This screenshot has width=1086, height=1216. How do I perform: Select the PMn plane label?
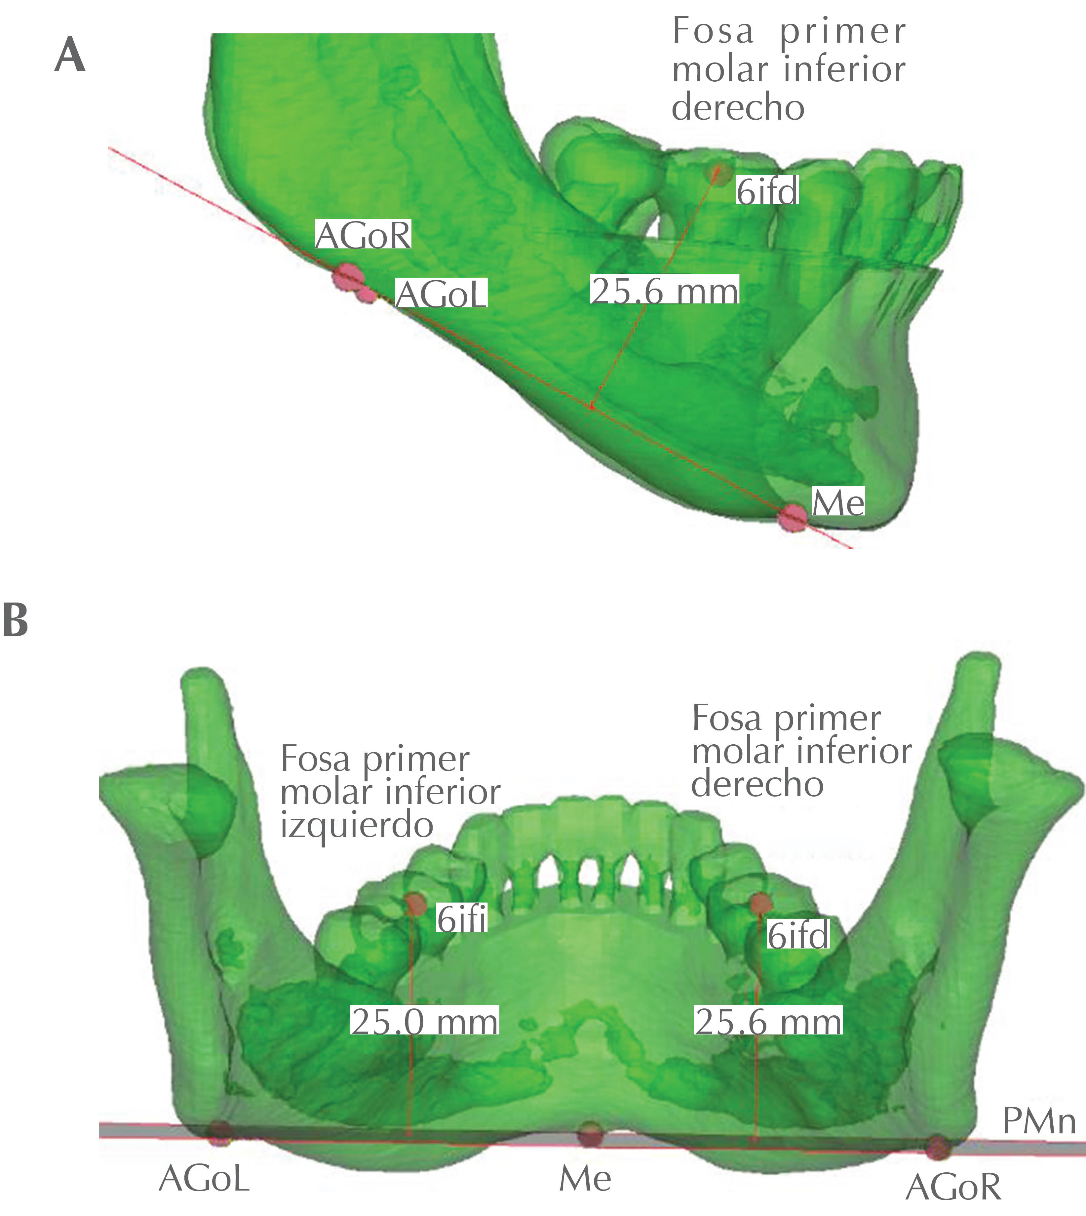(1039, 1122)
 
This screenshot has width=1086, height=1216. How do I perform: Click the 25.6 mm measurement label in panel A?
(665, 291)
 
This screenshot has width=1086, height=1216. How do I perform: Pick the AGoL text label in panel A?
(442, 294)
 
